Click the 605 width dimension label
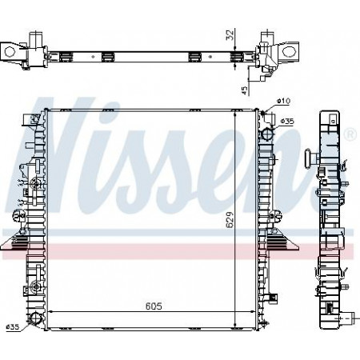[154, 306]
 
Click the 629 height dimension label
[230, 220]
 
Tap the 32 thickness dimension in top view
[230, 34]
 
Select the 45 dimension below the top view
[244, 90]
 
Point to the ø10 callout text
[283, 101]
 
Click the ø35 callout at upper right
[287, 122]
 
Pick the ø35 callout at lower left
[13, 326]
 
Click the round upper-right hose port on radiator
[267, 133]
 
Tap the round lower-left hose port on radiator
[34, 318]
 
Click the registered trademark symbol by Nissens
[350, 134]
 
